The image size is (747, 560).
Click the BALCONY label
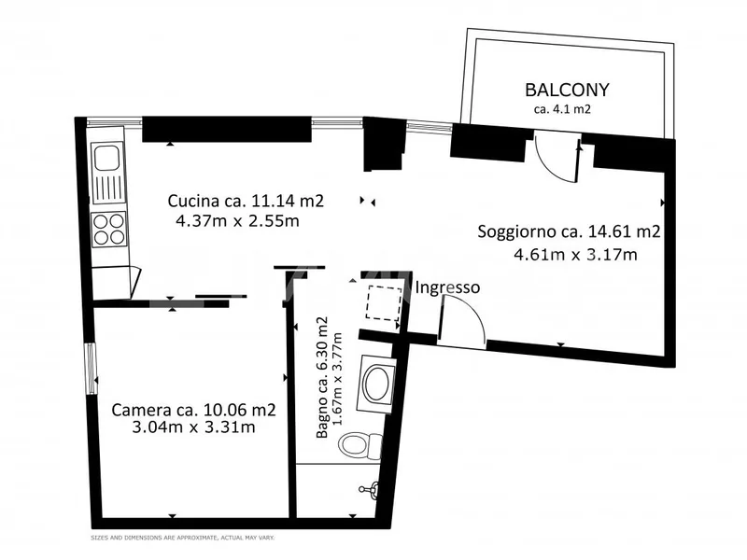coord(567,91)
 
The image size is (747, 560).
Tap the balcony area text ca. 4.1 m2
coord(563,109)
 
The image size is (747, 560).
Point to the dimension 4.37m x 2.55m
coord(237,221)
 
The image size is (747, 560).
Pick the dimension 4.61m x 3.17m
coord(575,254)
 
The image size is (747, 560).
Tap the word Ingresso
coord(447,287)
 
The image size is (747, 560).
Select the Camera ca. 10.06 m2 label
coord(193,409)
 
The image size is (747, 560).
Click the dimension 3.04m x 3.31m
coord(195,427)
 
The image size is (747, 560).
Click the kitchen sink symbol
coord(106,174)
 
